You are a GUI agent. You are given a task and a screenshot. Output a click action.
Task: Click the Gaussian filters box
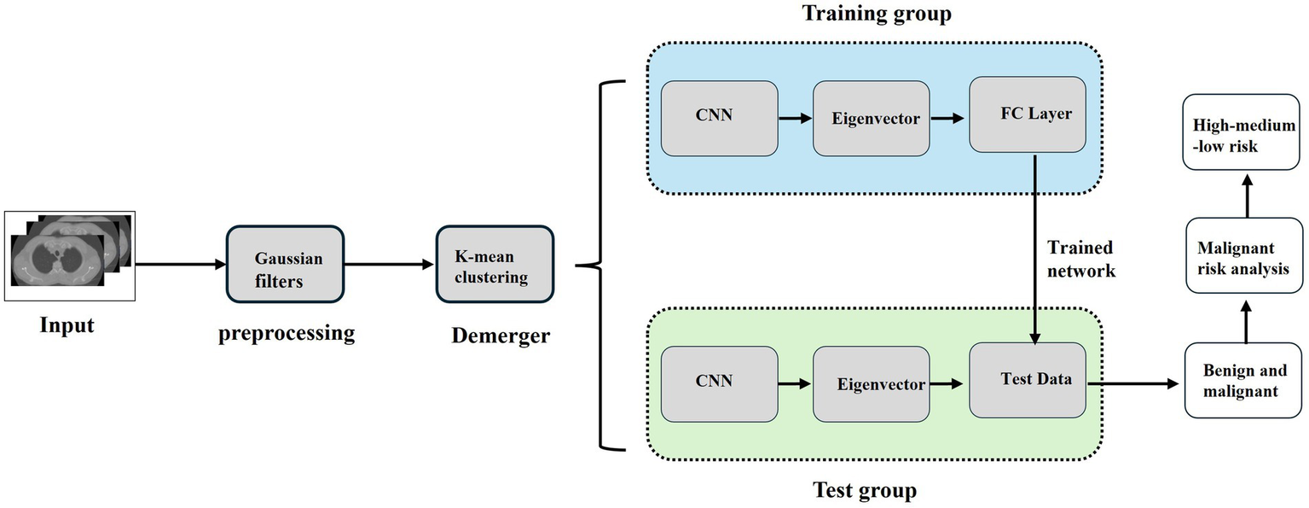285,264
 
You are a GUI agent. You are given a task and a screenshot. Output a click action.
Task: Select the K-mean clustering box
495,264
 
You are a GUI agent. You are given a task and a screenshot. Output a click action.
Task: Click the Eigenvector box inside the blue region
871,119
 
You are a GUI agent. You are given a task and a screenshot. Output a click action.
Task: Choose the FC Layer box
1027,114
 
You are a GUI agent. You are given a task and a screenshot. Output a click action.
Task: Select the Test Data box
1027,380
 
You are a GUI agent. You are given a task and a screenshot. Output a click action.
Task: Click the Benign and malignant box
1244,381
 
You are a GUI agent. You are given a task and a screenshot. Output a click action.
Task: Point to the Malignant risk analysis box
1244,257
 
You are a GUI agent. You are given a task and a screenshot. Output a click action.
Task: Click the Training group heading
875,15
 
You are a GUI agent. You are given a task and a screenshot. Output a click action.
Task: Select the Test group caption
863,490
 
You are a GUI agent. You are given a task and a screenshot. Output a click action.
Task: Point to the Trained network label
1080,259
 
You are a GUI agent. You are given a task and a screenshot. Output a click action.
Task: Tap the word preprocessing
287,332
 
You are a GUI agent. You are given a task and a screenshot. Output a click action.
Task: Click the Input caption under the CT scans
67,325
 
